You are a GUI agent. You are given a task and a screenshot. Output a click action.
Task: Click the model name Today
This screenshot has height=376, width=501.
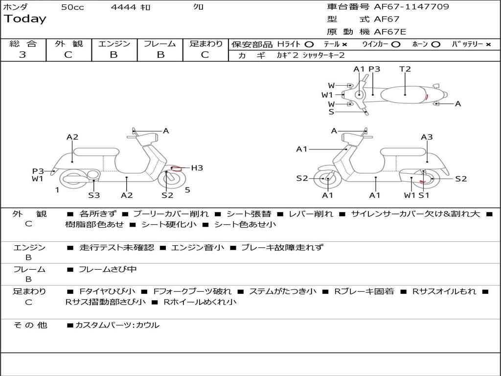[x=25, y=19]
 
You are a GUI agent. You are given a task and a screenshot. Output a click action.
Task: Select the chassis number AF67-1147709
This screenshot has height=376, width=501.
[x=411, y=7]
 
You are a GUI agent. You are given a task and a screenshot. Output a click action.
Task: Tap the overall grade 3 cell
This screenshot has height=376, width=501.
[x=23, y=54]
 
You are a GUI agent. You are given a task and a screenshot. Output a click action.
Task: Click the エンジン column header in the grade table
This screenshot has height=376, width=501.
[x=114, y=44]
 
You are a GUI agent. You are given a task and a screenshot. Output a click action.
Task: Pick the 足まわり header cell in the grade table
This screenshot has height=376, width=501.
[x=205, y=44]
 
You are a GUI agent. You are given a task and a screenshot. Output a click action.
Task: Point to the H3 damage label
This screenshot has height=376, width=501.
[x=197, y=168]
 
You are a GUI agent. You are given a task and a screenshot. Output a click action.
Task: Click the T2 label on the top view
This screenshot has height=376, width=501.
[x=405, y=69]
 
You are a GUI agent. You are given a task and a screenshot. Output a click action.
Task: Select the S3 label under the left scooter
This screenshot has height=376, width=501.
[x=94, y=195]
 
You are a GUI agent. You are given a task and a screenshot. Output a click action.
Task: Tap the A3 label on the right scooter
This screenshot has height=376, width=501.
[x=427, y=137]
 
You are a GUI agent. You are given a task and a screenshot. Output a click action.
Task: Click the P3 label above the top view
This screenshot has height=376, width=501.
[x=374, y=69]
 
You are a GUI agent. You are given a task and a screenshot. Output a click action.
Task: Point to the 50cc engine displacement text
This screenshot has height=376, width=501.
[x=72, y=7]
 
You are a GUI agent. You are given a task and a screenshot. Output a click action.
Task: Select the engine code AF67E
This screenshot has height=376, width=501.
[x=390, y=32]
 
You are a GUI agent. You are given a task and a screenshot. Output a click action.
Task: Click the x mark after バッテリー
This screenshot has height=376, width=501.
[x=488, y=44]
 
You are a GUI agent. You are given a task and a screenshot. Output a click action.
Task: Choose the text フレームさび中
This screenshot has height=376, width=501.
[x=108, y=269]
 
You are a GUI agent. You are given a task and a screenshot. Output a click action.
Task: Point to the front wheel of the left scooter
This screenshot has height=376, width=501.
[x=170, y=178]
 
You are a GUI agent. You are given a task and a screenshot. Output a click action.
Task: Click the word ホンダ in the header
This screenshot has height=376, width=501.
[x=16, y=7]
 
